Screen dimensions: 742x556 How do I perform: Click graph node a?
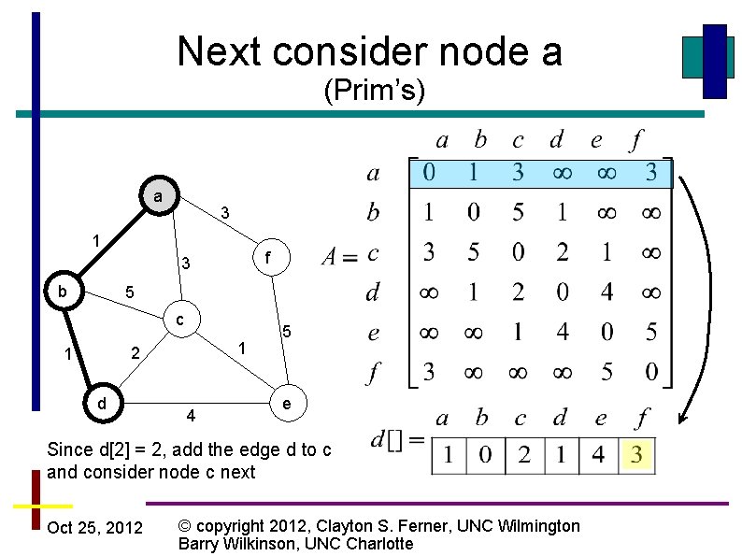(x=158, y=197)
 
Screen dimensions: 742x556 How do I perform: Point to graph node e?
(x=287, y=403)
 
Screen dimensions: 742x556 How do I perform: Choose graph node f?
(x=267, y=255)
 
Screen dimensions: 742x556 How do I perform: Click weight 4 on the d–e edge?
(x=191, y=415)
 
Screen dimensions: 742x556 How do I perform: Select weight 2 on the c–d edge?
(x=136, y=354)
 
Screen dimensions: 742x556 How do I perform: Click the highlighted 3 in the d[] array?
(x=637, y=457)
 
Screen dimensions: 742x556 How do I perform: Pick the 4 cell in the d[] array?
(x=598, y=457)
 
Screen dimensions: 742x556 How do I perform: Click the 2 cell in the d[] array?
(x=524, y=457)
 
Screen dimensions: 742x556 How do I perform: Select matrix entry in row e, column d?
(x=562, y=332)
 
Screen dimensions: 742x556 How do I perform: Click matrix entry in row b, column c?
(x=518, y=213)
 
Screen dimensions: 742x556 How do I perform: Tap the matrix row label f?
(x=373, y=373)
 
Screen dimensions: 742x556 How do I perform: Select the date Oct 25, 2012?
(x=95, y=528)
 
